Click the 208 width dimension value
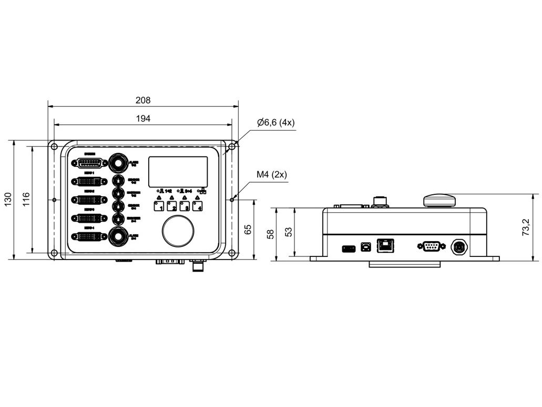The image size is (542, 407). pos(143,100)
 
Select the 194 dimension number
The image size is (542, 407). pos(143,118)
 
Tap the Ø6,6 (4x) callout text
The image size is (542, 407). pos(276,123)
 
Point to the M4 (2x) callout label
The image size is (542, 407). pos(271,175)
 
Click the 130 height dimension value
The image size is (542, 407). pos(8,200)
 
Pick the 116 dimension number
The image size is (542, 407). pos(26,200)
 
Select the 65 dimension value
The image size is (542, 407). pos(248,230)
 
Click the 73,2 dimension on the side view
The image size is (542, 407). pos(526,227)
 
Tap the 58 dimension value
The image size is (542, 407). pos(271,234)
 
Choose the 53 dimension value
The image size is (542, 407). pos(289,232)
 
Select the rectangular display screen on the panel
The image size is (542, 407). pos(178,171)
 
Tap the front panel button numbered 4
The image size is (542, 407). pos(198,206)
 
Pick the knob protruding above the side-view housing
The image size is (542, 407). pos(440,200)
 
